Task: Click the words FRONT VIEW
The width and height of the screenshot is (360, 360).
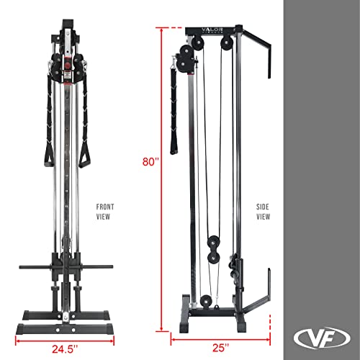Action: tap(105, 210)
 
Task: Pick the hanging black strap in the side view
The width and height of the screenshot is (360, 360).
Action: tap(174, 108)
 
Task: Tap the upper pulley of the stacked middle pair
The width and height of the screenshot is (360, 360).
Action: tap(214, 241)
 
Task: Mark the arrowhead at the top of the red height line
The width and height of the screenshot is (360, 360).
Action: tap(171, 29)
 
